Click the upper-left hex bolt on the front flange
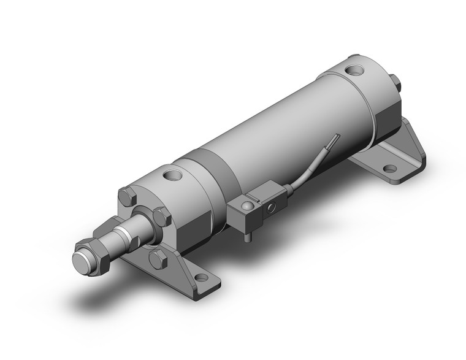(128, 197)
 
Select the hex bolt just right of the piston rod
(161, 216)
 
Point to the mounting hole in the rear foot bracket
(389, 167)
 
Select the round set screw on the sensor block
(246, 205)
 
